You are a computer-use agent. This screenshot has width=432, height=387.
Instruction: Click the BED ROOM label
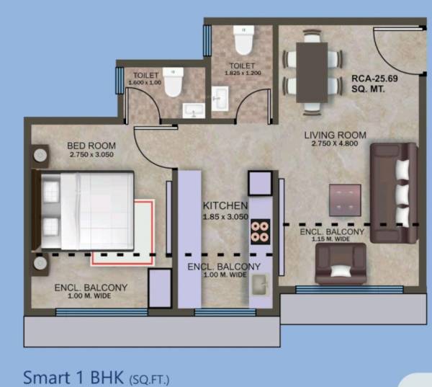[91, 145]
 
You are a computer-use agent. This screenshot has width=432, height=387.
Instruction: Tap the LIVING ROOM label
[335, 135]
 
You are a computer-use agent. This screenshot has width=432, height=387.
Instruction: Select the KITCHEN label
[225, 205]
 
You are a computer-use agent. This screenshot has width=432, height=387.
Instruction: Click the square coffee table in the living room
[344, 199]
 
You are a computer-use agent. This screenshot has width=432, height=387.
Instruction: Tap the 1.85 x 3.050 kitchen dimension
[225, 216]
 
